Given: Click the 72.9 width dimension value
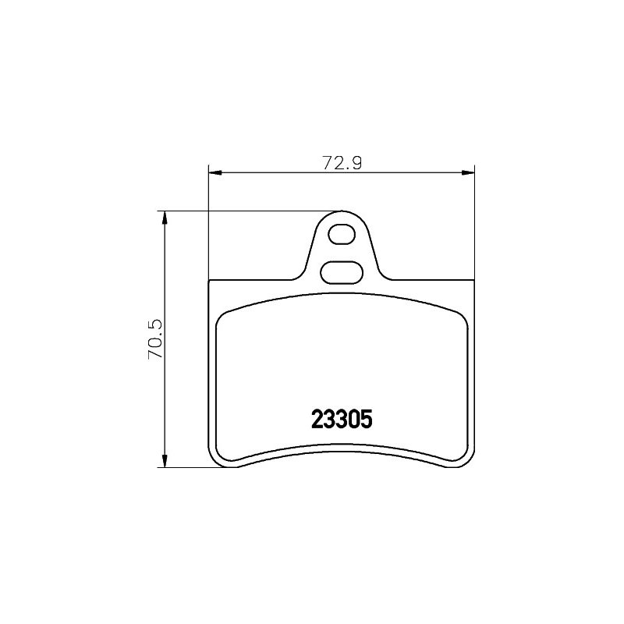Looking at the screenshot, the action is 342,163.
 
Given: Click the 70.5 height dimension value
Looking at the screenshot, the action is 155,339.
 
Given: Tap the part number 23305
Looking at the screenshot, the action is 342,420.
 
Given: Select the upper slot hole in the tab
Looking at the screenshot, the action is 342,235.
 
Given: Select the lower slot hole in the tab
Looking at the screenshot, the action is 342,272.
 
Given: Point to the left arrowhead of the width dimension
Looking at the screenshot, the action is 215,172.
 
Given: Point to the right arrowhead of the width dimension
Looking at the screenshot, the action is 469,172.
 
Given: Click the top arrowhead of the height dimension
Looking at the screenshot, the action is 163,218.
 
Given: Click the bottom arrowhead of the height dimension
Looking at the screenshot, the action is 163,461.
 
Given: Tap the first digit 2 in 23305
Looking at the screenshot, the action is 317,420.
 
